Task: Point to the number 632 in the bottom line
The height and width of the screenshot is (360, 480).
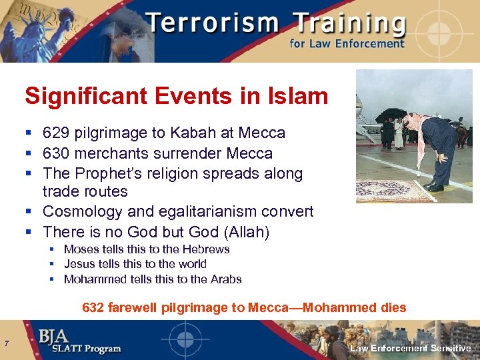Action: pyautogui.click(x=93, y=308)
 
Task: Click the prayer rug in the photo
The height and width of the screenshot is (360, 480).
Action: pyautogui.click(x=391, y=191)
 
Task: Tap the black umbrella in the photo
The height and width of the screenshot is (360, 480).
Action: pyautogui.click(x=391, y=114)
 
